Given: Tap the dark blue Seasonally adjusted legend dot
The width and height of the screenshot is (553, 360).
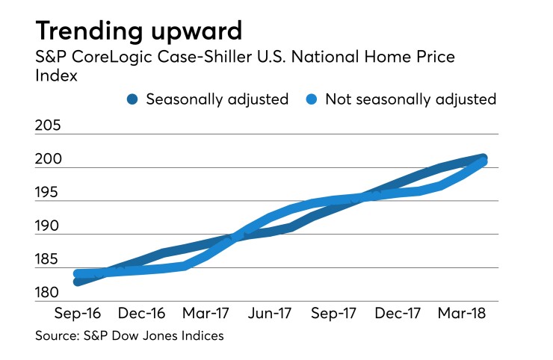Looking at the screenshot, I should tap(132, 99).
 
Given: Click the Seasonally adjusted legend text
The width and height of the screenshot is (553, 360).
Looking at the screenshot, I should tap(217, 99).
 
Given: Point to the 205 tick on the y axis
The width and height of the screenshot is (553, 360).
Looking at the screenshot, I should tap(50, 125).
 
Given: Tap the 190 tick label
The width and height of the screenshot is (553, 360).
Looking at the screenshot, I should tap(50, 226).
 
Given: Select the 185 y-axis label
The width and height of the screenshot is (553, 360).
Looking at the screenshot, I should tap(50, 259).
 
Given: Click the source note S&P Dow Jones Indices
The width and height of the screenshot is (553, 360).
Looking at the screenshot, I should tap(129, 336).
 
